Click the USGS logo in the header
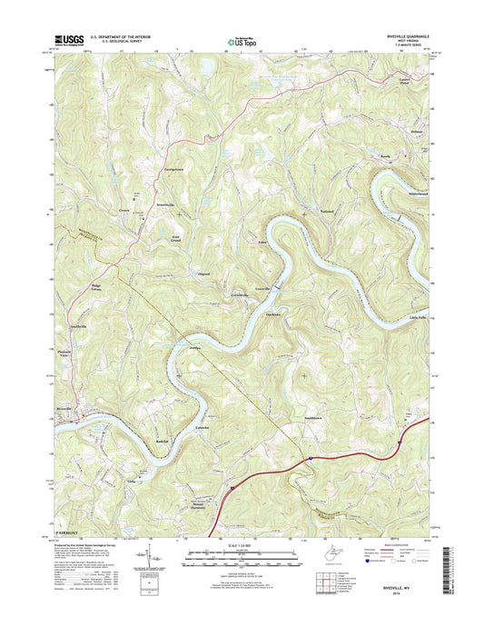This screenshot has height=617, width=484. (69, 40)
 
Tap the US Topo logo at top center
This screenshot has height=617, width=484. (240, 39)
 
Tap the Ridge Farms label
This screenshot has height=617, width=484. (96, 288)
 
